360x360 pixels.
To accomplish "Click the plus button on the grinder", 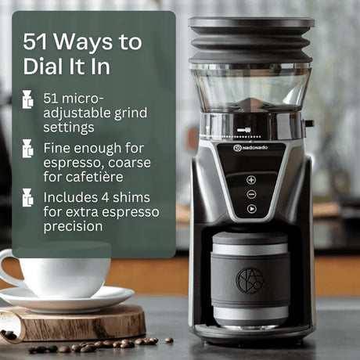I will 251,179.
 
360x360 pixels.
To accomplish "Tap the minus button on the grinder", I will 251,193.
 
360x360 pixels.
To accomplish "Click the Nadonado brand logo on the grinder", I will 250,146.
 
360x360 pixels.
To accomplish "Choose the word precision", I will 74,226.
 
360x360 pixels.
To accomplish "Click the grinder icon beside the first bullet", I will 27,99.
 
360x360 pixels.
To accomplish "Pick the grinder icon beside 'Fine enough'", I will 27,149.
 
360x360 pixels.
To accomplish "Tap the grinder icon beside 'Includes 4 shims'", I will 27,198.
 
